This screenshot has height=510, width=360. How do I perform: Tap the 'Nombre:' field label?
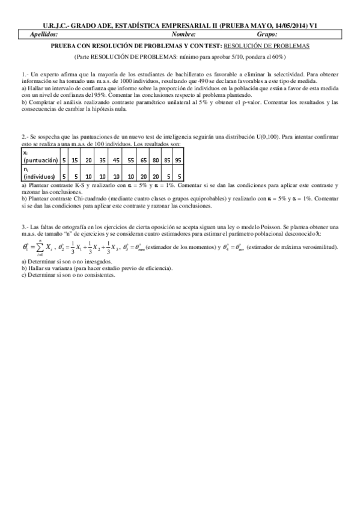point(200,35)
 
